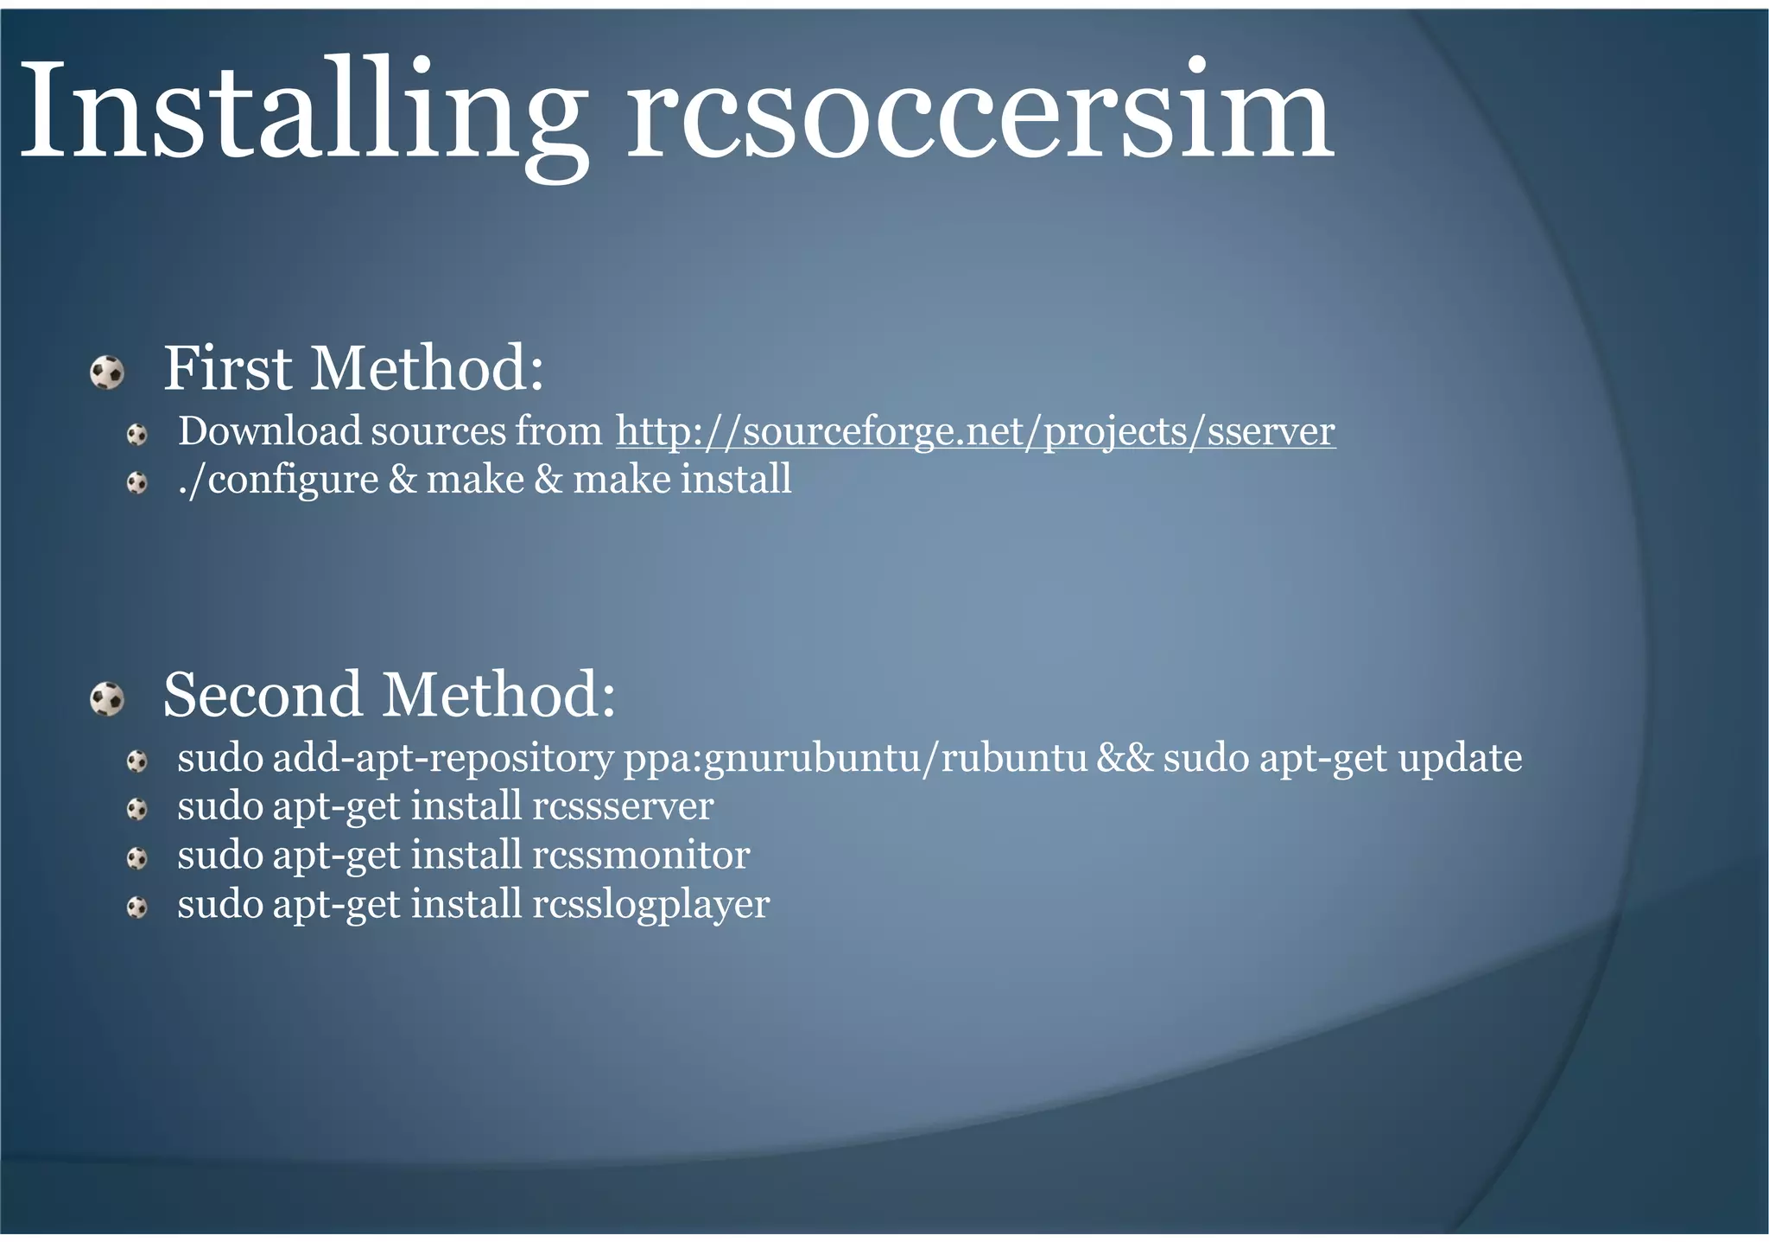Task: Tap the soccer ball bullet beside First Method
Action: click(107, 373)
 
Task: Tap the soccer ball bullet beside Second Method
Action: click(107, 699)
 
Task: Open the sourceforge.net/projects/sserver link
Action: click(975, 431)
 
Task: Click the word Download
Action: click(269, 431)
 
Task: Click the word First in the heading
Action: click(228, 369)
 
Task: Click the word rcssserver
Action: click(623, 806)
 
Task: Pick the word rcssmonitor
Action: click(641, 856)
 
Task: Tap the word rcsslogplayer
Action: click(650, 905)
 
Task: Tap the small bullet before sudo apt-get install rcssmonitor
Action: click(137, 858)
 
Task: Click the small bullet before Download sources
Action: click(137, 435)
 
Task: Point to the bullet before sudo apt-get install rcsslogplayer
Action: click(137, 908)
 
